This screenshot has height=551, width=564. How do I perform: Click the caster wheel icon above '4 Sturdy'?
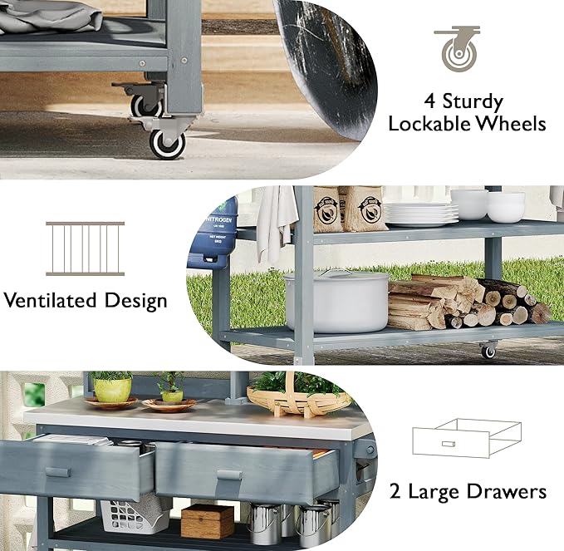coord(456,50)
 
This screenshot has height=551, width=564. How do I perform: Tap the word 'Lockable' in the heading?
coord(433,125)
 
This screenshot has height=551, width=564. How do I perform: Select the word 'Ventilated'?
coord(51,300)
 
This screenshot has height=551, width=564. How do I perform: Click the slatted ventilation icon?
coord(85,248)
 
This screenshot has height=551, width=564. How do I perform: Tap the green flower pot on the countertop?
coord(112,388)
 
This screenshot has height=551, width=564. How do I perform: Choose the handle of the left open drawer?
coord(57,472)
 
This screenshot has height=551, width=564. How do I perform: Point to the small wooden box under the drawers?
coord(207,521)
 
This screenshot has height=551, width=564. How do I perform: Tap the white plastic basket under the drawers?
coord(133,515)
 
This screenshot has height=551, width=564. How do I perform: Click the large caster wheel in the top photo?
coord(167,142)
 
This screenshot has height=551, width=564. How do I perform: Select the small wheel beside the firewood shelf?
coord(488,350)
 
